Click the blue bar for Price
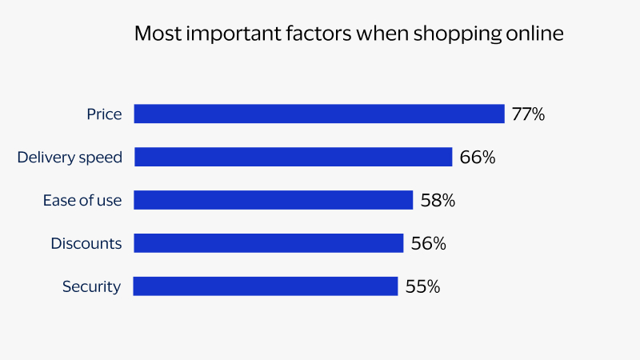coord(318,114)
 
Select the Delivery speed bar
coord(293,157)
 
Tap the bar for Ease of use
coord(273,200)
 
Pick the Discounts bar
coord(268,243)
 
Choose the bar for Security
coord(266,286)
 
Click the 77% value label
coord(528,114)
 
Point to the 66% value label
coord(478,158)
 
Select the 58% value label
coord(438,201)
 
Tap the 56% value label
coord(428,244)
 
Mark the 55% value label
coord(422,286)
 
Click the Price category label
coord(104,114)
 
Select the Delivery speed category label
coord(70,158)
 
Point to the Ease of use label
coord(82,201)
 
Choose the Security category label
coord(91,286)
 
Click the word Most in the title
coord(155,34)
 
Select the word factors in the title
coord(301,34)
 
